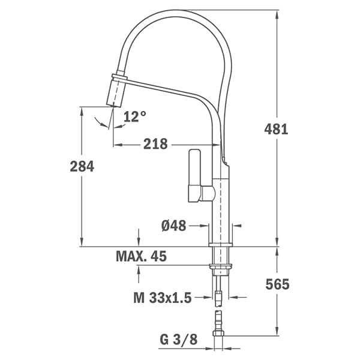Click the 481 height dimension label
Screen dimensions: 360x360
(x=276, y=129)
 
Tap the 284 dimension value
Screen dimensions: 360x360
(x=82, y=166)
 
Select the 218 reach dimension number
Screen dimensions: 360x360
(x=155, y=144)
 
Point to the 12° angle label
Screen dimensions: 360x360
(x=135, y=116)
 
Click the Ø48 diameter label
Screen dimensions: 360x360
(x=174, y=226)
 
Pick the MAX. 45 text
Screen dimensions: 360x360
(x=141, y=256)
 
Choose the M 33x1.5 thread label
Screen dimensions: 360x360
(x=163, y=298)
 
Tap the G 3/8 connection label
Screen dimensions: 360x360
(x=179, y=340)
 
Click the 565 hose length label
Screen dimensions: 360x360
(x=277, y=284)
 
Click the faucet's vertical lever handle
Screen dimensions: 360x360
(x=194, y=176)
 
